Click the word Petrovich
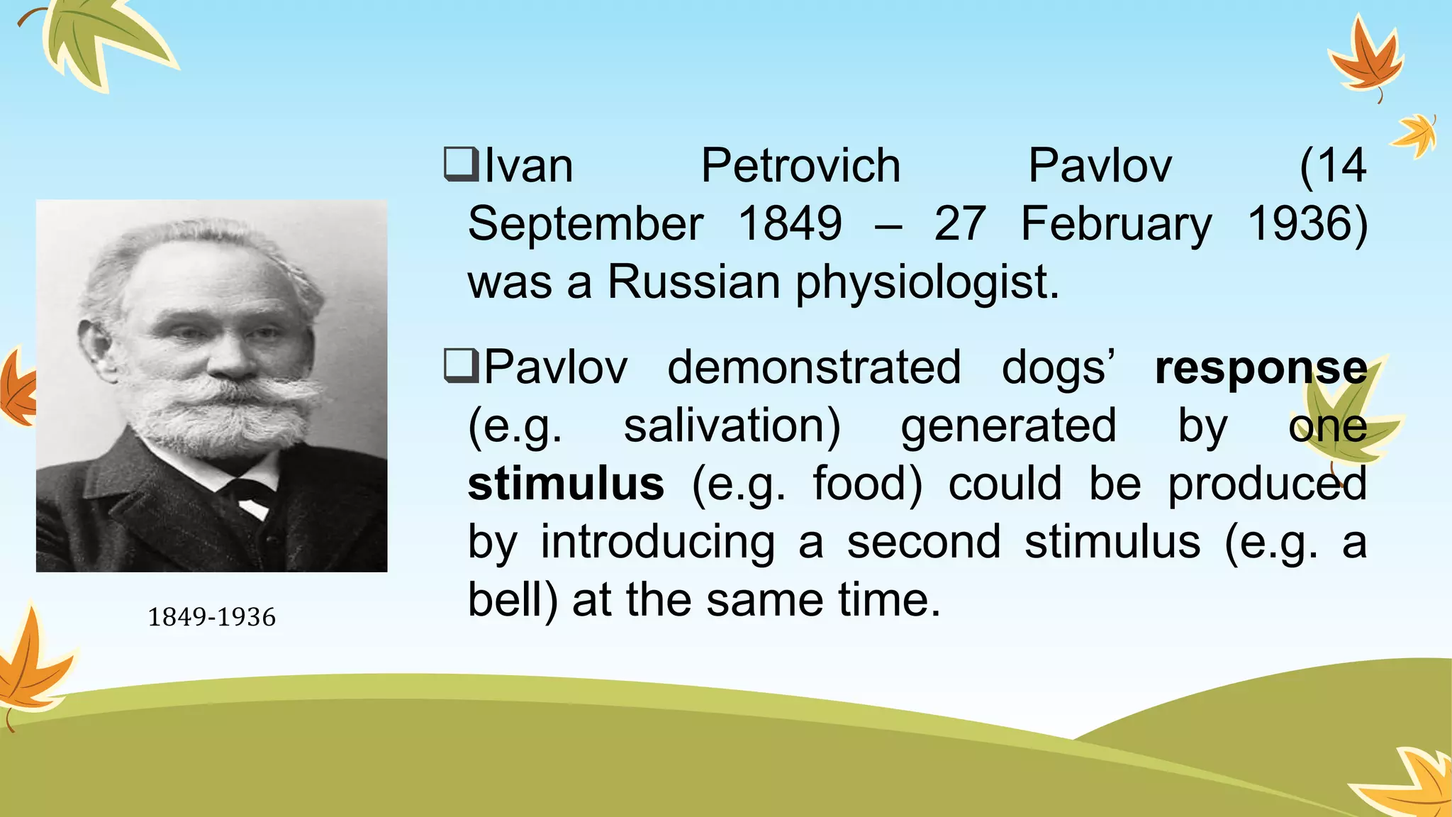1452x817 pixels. pyautogui.click(x=800, y=166)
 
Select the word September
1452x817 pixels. pyautogui.click(x=585, y=224)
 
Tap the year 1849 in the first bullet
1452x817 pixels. pyautogui.click(x=790, y=224)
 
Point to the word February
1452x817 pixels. pyautogui.click(x=1116, y=224)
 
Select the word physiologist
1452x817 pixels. pyautogui.click(x=926, y=282)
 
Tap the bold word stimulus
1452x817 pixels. pyautogui.click(x=566, y=484)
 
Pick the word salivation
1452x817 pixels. pyautogui.click(x=732, y=426)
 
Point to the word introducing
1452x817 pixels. pyautogui.click(x=657, y=543)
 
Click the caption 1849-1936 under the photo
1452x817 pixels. pyautogui.click(x=211, y=617)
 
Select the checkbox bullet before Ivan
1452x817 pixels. pyautogui.click(x=461, y=165)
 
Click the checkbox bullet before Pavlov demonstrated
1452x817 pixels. pyautogui.click(x=461, y=366)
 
